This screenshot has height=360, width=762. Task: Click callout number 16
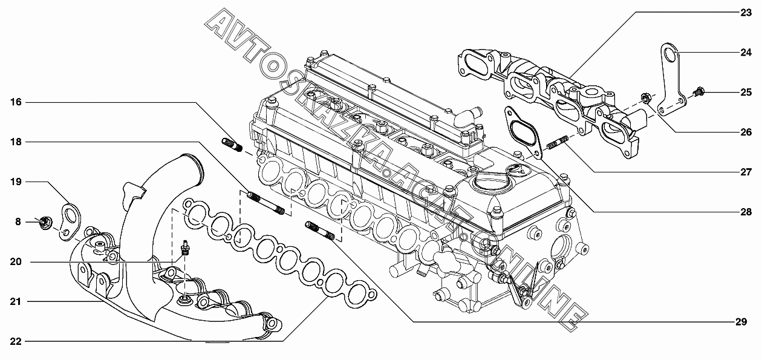[16, 102]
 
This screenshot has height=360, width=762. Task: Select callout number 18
[16, 142]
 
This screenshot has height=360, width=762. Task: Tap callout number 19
[16, 181]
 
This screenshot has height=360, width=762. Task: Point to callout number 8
[18, 222]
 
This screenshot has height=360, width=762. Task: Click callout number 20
[16, 261]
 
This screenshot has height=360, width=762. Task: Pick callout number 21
[16, 301]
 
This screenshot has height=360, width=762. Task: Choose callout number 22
[16, 341]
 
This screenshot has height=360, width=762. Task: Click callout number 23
[746, 12]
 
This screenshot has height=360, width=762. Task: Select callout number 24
[746, 53]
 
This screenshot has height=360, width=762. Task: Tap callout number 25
[746, 93]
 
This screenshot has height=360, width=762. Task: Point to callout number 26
[746, 132]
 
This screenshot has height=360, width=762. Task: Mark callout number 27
[746, 172]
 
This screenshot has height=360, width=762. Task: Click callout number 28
[746, 212]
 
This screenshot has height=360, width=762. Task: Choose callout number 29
[741, 322]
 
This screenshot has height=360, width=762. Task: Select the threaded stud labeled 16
[232, 146]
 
